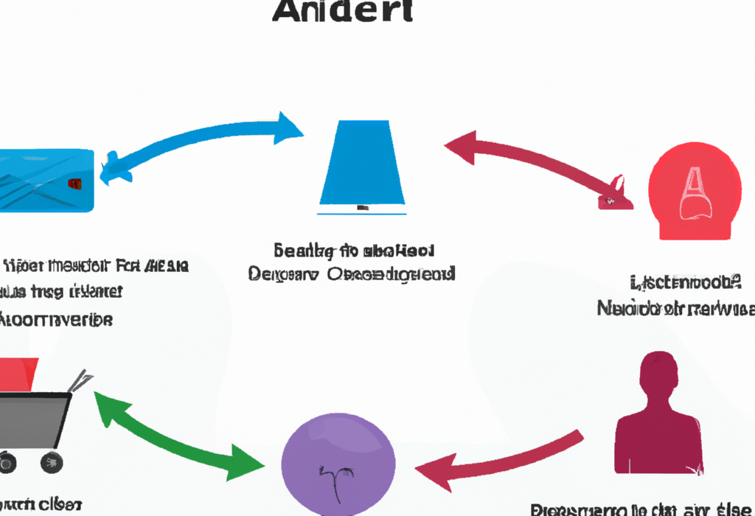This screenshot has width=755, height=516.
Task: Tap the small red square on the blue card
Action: [74, 182]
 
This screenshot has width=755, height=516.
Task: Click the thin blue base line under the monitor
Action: [362, 213]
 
